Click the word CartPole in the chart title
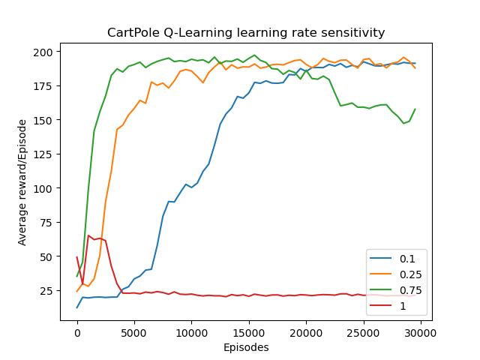pos(132,33)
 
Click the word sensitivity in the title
pos(352,33)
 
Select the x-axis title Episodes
pos(246,347)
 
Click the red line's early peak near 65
pos(88,235)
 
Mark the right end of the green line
pos(415,109)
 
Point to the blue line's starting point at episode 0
pos(77,307)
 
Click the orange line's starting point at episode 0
pos(77,292)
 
